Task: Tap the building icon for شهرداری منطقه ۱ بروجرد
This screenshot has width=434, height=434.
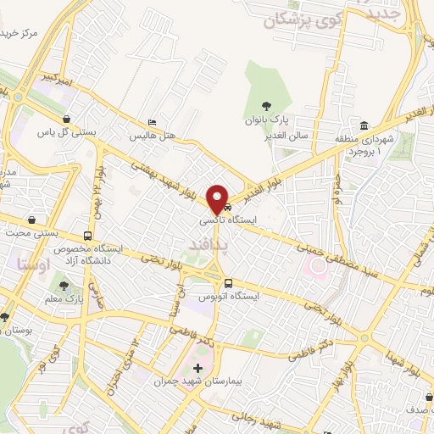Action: click(x=363, y=125)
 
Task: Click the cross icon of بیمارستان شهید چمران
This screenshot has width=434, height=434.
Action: click(x=198, y=369)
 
